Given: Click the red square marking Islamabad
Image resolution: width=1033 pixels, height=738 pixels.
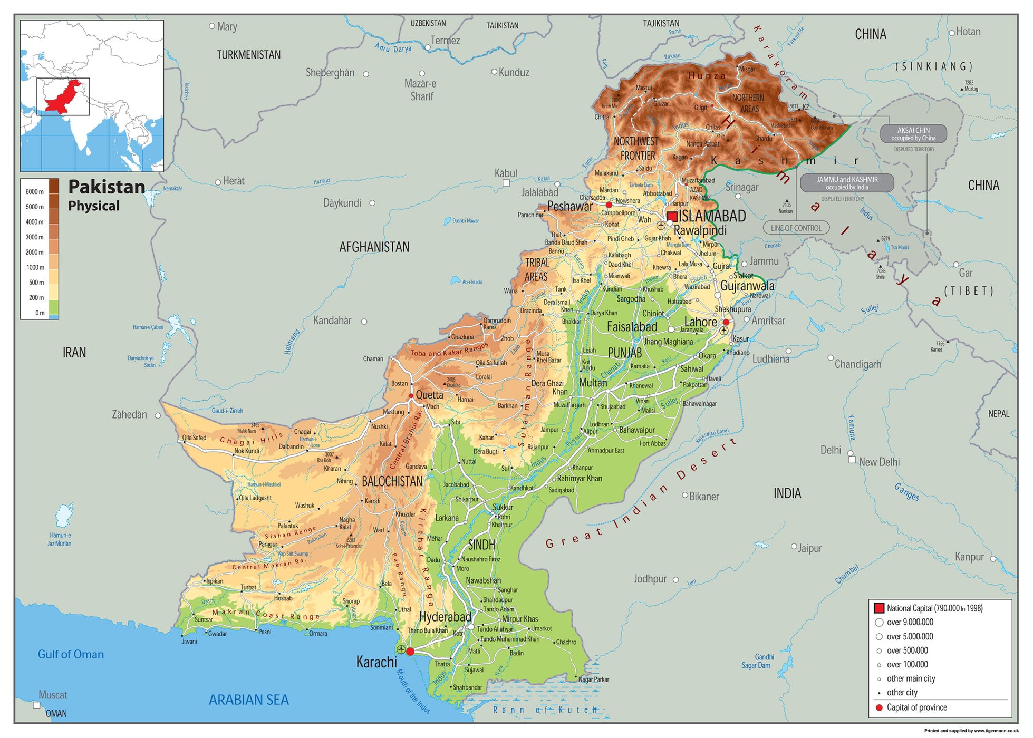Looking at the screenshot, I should [672, 217].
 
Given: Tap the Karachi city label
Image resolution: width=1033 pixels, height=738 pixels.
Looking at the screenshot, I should [376, 662].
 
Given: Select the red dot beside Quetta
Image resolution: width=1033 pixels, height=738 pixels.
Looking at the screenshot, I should [411, 395].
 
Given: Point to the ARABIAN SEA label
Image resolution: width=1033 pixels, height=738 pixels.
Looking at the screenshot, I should [248, 700].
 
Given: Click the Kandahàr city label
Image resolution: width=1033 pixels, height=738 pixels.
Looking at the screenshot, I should [332, 321].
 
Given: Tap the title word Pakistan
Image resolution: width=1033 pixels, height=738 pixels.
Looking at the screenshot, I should [107, 187].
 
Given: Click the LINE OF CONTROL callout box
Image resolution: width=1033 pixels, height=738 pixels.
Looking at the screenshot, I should [796, 228].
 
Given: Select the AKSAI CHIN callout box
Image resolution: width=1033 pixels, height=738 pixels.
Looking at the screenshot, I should [913, 134].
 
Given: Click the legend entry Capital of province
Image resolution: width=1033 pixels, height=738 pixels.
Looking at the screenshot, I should [916, 707].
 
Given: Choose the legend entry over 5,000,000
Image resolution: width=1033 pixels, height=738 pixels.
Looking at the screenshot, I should [909, 636].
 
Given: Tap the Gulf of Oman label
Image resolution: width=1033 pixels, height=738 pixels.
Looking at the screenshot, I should [71, 654].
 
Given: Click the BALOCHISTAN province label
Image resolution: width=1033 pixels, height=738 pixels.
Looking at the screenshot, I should [392, 481].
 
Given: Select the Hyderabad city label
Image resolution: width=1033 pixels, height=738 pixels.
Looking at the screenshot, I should [445, 617].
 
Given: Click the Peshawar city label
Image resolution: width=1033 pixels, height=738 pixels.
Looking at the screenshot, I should [569, 207].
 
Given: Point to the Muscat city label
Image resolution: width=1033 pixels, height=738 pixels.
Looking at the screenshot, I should [53, 695].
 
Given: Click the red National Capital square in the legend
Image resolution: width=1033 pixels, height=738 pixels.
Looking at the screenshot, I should [878, 608].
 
